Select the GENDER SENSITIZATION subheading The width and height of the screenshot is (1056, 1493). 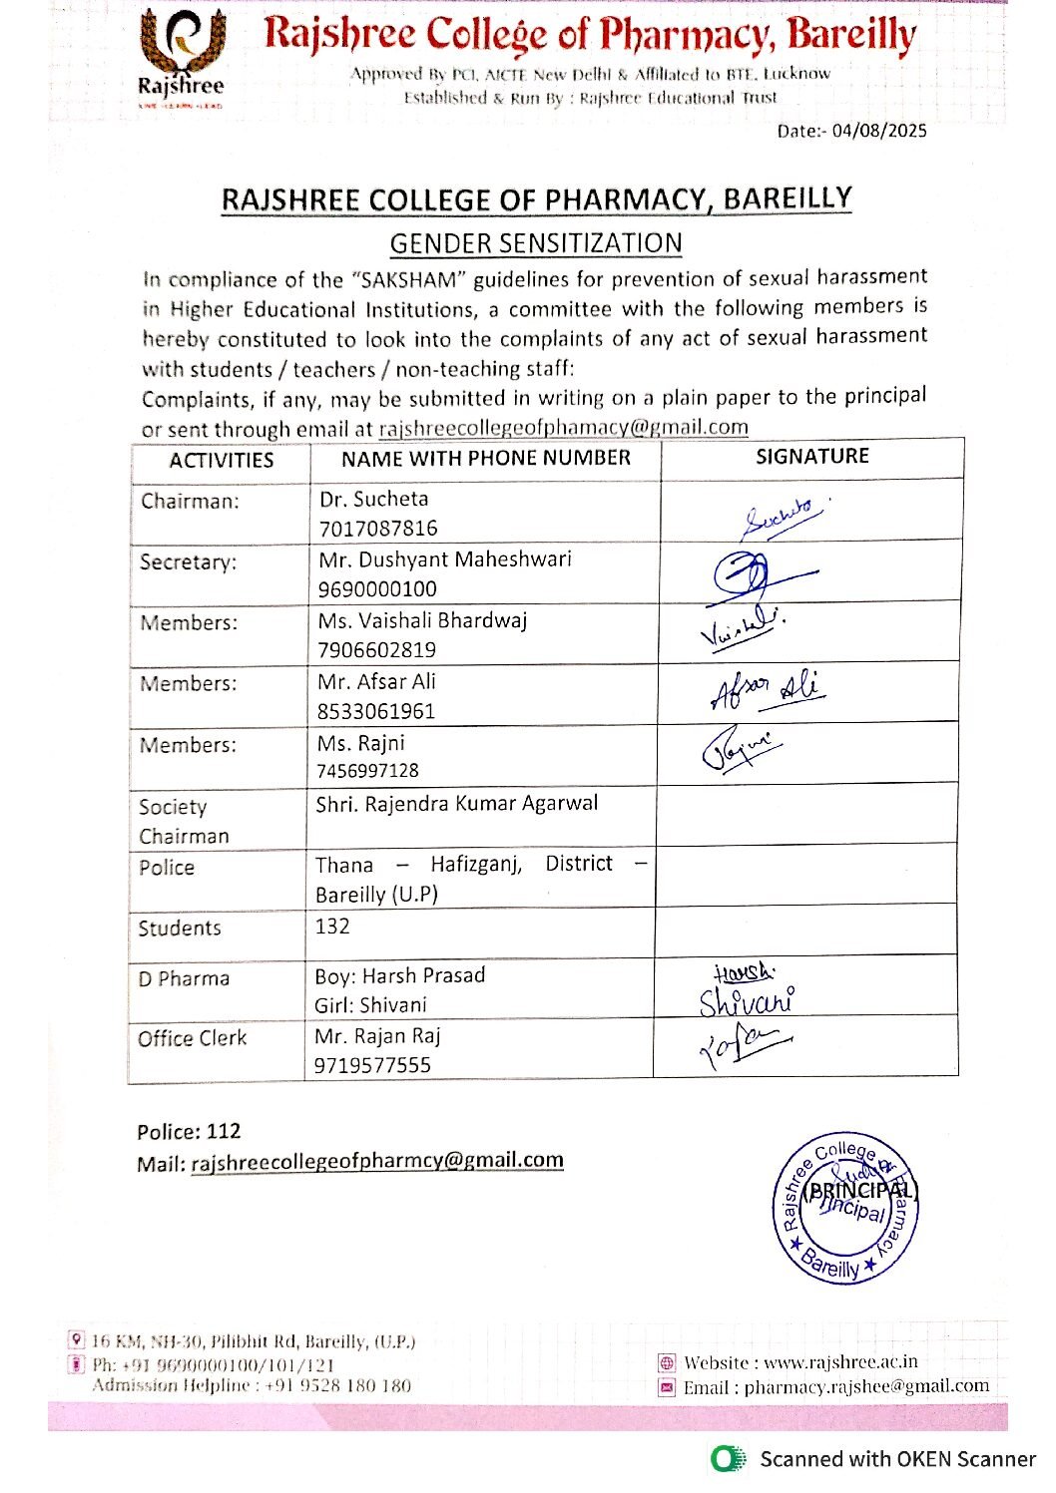click(x=536, y=243)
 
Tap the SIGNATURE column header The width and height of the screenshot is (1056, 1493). click(x=812, y=456)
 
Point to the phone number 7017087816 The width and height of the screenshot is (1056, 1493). click(x=378, y=528)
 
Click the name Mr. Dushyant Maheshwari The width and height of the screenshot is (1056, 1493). click(x=445, y=560)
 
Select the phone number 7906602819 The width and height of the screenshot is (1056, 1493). click(x=377, y=650)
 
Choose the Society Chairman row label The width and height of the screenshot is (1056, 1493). click(x=184, y=821)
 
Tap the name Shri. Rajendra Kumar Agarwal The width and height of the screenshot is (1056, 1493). click(x=457, y=804)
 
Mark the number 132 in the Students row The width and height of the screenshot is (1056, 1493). click(x=332, y=926)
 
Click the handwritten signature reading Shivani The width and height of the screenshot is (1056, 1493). click(x=746, y=1000)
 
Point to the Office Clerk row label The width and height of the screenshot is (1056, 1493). click(x=192, y=1038)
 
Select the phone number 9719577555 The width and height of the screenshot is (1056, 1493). click(x=372, y=1065)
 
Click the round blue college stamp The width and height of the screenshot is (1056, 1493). click(x=843, y=1206)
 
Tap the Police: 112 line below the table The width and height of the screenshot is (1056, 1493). click(x=189, y=1131)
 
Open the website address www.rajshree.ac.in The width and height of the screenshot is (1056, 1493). click(x=840, y=1362)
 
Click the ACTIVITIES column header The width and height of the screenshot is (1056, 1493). click(x=221, y=460)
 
